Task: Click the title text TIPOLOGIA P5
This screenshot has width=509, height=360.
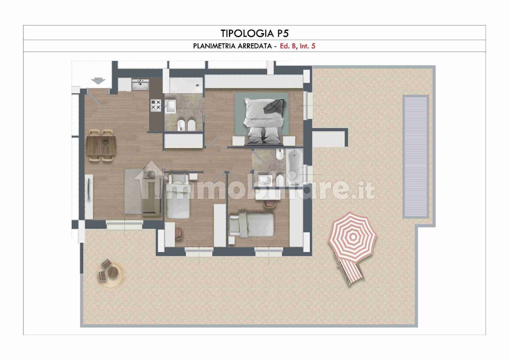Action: point(254,33)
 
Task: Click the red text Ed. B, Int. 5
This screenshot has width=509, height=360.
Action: point(297,46)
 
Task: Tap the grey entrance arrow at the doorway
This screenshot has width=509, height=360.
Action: point(98,81)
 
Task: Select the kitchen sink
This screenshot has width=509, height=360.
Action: point(140,85)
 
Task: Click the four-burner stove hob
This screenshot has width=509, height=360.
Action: point(156,105)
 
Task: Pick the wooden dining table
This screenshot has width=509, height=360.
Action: point(101,145)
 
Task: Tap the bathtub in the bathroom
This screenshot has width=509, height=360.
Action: point(294,166)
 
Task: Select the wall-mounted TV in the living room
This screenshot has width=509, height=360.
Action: point(89,189)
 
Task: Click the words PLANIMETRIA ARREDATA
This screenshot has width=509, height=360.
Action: point(232,46)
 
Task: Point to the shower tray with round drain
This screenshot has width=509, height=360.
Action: point(186,85)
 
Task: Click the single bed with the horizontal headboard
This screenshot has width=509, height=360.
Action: point(251,225)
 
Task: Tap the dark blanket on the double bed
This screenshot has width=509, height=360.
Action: point(275,106)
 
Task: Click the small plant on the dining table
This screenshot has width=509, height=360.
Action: point(105,144)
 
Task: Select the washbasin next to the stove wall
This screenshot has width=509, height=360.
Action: point(170,106)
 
